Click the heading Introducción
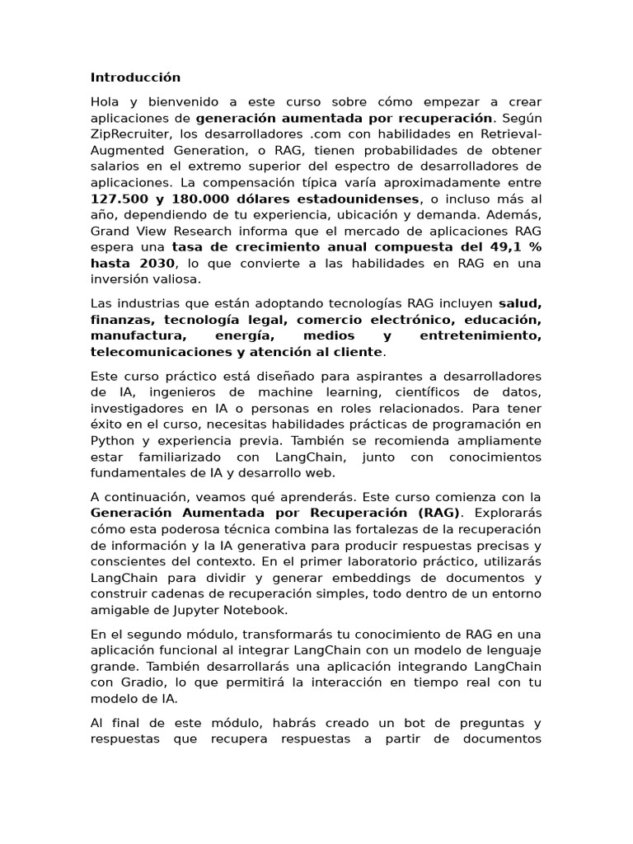[135, 77]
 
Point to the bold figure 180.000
[199, 199]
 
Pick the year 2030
[154, 263]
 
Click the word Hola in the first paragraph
[105, 101]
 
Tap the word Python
[112, 440]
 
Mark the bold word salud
[520, 303]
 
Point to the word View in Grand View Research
[154, 231]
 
